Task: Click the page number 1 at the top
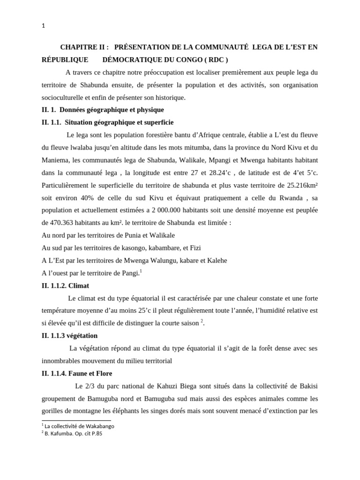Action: coord(44,26)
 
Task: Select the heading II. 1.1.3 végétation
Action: coord(69,336)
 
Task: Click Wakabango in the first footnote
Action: coord(97,426)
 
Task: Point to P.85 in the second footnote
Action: coord(95,434)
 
